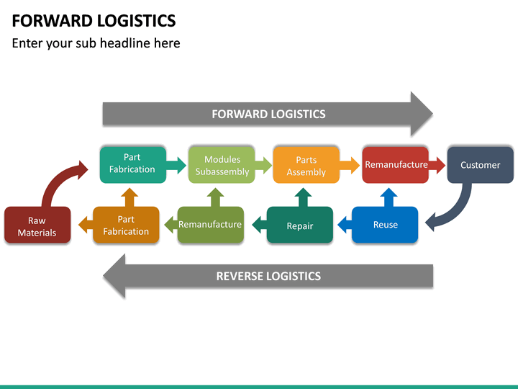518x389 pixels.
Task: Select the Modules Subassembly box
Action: point(222,165)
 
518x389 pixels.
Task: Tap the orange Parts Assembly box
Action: point(306,165)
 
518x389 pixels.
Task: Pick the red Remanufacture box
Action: point(395,164)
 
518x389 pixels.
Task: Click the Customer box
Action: point(480,165)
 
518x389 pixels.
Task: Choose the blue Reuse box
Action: point(385,225)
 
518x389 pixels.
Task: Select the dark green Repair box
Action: point(300,225)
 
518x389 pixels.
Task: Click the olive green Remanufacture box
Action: point(210,225)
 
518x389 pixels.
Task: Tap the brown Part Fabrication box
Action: point(126,225)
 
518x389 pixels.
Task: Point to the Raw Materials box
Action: point(37,225)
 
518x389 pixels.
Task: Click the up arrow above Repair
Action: point(304,197)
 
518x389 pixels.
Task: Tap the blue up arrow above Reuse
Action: point(388,197)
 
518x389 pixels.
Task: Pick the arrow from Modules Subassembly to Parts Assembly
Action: point(263,166)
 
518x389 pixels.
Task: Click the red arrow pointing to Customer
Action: point(437,166)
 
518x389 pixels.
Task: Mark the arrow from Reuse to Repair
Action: point(342,225)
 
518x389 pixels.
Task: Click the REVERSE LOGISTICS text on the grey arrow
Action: point(268,276)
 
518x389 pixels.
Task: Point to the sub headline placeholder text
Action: point(96,43)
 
